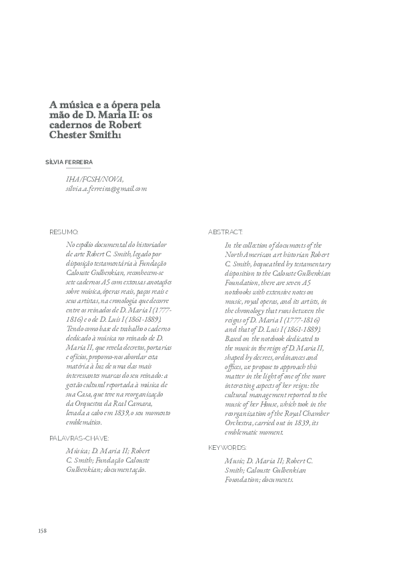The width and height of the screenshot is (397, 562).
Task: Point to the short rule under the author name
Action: [x=59, y=168]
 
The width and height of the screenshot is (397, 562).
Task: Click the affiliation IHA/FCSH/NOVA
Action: [x=95, y=180]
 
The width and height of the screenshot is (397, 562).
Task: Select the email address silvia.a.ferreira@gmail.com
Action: [x=106, y=189]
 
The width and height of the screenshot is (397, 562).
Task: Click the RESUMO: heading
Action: [x=63, y=232]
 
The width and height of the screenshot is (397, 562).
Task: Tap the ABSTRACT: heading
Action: [x=226, y=232]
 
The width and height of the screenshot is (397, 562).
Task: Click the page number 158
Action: [x=43, y=531]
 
